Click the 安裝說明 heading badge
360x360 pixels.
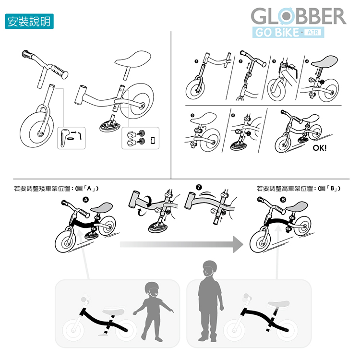pos(29,21)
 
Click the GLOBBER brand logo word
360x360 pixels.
pos(299,16)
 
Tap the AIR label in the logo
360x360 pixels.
pos(312,32)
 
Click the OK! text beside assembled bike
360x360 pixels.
pos(319,148)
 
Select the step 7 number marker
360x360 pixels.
pos(199,187)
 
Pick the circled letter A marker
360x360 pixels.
pos(85,200)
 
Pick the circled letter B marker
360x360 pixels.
pos(283,200)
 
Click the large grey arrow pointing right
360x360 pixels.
pos(181,244)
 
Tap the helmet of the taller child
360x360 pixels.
pos(210,265)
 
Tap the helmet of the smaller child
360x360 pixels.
pos(152,287)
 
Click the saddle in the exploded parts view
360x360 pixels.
pos(133,59)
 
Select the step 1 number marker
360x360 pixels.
pos(196,61)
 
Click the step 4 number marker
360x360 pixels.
pos(308,61)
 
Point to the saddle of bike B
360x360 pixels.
pos(296,206)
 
